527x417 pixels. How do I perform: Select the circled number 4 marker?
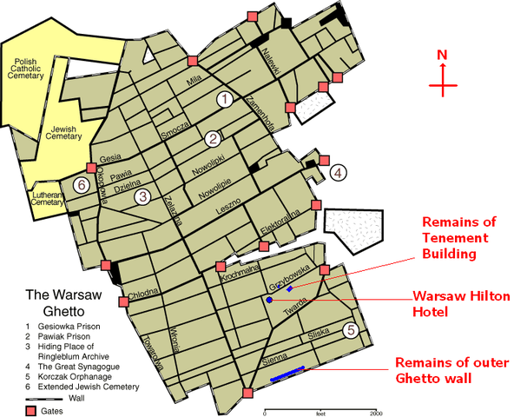click(x=338, y=172)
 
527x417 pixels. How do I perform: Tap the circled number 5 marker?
click(x=350, y=330)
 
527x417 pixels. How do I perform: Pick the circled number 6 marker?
click(x=82, y=184)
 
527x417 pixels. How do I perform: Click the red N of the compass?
click(x=442, y=56)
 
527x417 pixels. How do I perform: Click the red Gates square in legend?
click(x=30, y=410)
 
